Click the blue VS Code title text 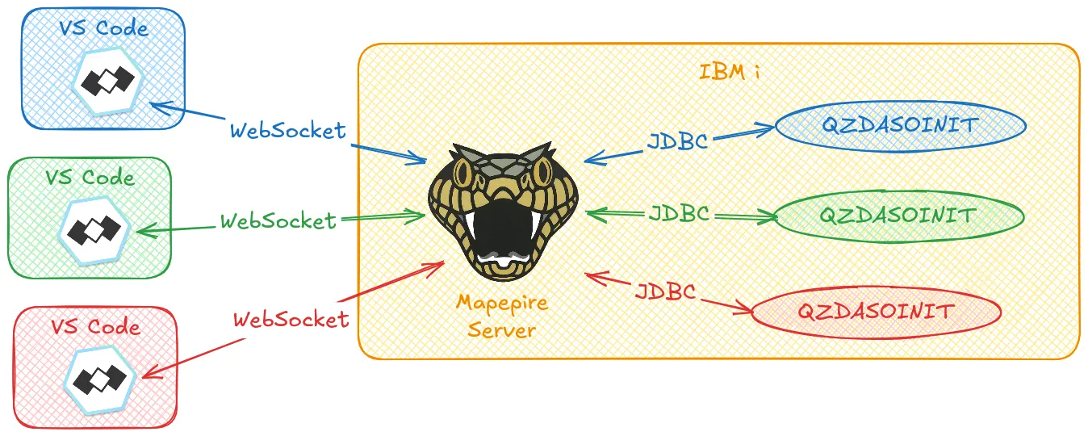(103, 28)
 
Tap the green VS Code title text (90, 178)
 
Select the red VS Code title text (96, 327)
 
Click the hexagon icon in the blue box (108, 82)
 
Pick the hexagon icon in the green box (94, 230)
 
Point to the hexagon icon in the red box (100, 379)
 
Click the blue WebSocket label (287, 131)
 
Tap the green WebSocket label (278, 221)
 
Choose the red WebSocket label (291, 320)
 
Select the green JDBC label (679, 213)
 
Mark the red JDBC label (666, 291)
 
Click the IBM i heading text (729, 72)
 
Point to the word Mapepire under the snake (502, 304)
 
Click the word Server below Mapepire (501, 330)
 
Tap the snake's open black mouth (503, 228)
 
